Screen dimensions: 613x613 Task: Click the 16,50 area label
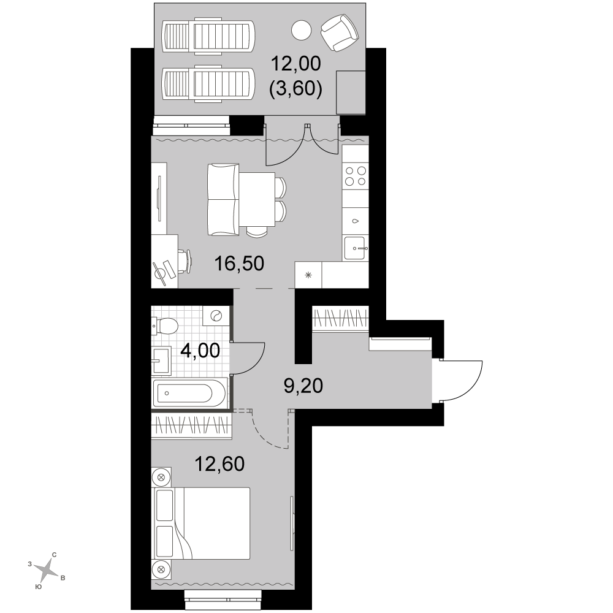point(239,264)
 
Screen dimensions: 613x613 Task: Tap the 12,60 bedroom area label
point(219,463)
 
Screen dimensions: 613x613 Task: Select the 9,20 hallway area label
point(303,386)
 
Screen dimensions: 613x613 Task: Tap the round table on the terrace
point(302,30)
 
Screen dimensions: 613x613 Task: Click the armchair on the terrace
point(340,33)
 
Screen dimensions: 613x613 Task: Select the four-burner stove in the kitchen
point(356,176)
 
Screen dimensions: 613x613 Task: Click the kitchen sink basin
point(355,248)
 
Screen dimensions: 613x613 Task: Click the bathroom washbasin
point(161,360)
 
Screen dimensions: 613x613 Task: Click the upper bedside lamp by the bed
point(161,477)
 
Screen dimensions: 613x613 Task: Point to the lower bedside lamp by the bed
point(161,569)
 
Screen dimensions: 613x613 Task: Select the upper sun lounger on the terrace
point(208,35)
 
